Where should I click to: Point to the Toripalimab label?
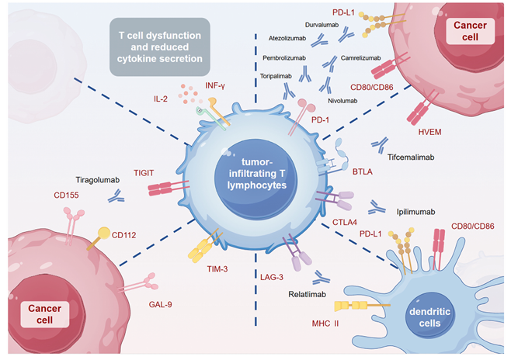(x=277, y=75)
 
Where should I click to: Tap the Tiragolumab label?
(x=97, y=178)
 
